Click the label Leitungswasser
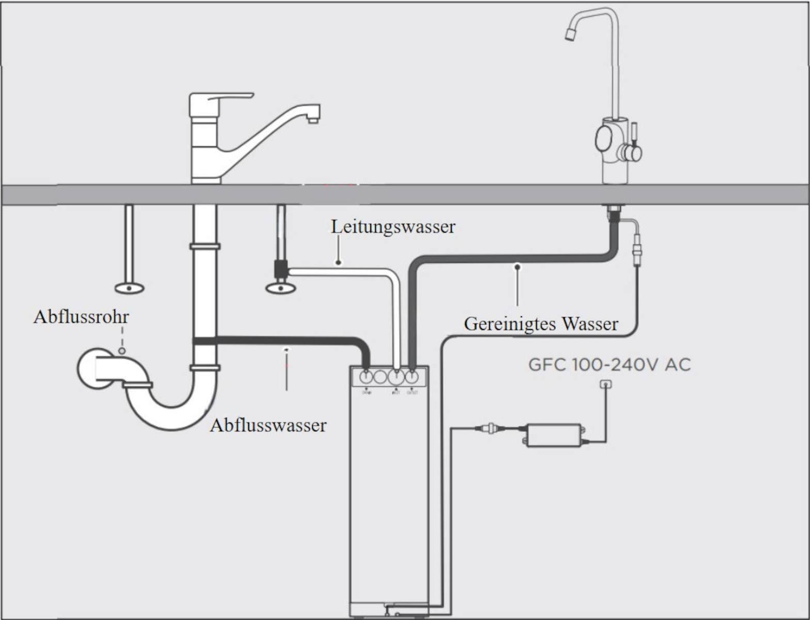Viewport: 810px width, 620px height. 393,226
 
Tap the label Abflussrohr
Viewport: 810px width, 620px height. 81,316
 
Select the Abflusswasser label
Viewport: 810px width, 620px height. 268,425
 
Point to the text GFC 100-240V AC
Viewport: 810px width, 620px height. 609,365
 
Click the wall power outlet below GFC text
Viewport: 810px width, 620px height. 606,384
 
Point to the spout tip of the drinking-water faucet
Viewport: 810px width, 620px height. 569,34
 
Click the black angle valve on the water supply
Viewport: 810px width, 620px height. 280,269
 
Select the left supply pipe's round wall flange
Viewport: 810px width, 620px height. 129,288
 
